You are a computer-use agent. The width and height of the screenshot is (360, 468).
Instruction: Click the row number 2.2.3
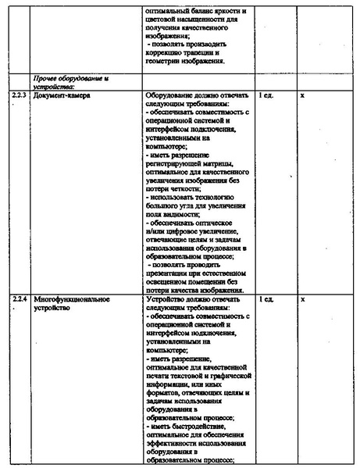[x=20, y=95]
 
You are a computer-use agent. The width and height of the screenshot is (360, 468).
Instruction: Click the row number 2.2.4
[x=20, y=298]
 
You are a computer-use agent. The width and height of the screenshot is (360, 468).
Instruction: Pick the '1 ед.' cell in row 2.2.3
[x=267, y=95]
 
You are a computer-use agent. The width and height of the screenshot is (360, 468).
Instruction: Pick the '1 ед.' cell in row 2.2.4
[x=267, y=298]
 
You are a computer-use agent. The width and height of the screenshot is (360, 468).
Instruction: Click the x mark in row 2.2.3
[x=302, y=95]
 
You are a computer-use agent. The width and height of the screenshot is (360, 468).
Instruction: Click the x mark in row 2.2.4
[x=302, y=298]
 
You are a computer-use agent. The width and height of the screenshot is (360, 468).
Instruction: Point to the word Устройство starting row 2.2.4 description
[x=166, y=298]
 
